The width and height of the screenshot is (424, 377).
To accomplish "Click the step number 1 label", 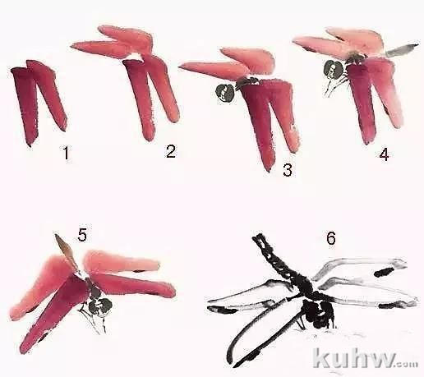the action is coord(66,153).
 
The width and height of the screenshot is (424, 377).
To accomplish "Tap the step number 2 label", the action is coord(171,151).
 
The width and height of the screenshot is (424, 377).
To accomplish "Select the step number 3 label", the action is coord(288,170).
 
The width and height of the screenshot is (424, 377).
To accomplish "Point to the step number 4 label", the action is coord(384,154).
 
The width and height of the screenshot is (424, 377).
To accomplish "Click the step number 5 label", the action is coord(82,236).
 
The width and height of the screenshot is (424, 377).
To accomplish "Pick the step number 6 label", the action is coord(331,238).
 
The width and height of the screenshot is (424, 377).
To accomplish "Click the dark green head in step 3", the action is coord(225,93).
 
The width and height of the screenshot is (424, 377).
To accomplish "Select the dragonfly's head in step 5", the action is coord(100,305).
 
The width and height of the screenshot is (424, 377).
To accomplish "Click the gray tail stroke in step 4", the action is coord(402,49).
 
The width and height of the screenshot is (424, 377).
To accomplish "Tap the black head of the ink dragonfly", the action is coord(319,314).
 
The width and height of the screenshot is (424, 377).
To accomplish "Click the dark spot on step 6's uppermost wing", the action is coord(385,272).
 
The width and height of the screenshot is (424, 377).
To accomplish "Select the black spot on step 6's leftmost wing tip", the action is coord(223,310).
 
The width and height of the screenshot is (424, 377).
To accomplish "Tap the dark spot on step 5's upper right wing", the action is coord(140,271).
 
